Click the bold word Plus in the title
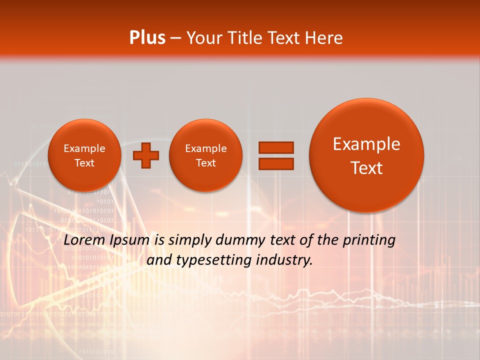[147, 38]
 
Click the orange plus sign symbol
[145, 155]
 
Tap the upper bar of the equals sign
[275, 147]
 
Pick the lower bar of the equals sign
[275, 163]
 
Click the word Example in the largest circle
[366, 144]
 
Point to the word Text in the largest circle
[366, 168]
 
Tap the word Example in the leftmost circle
[84, 148]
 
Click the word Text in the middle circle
[205, 163]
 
